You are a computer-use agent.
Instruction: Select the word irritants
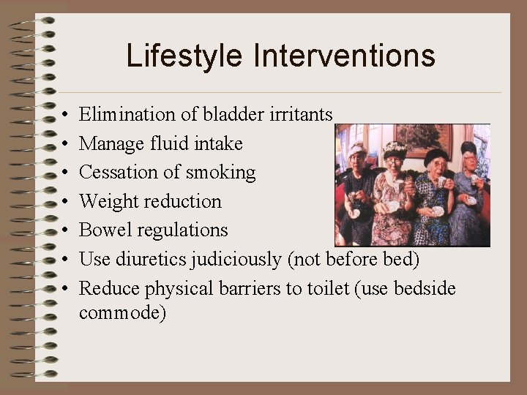(x=302, y=114)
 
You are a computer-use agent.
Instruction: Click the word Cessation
(x=114, y=173)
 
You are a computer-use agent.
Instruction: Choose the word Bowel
(x=102, y=230)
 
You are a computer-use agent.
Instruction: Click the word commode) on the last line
(x=123, y=312)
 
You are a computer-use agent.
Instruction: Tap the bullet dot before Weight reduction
(x=65, y=202)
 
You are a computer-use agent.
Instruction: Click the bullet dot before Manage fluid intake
(x=65, y=144)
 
